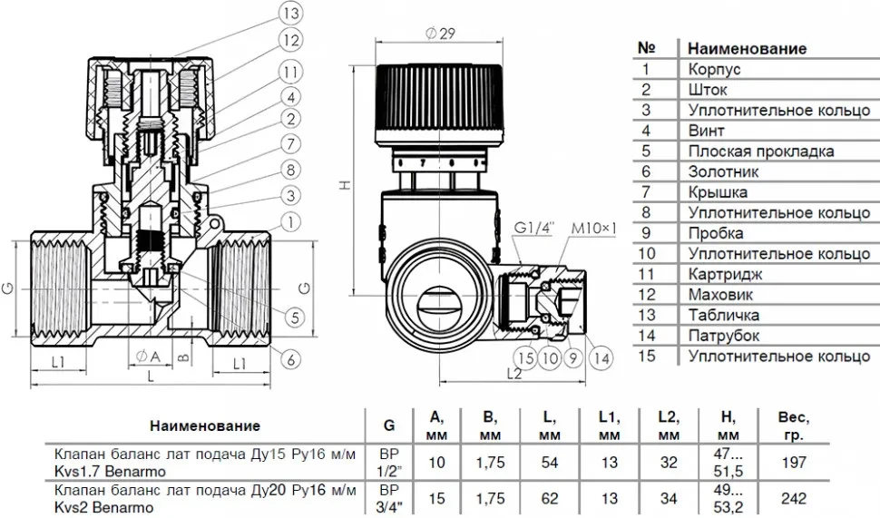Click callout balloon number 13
[x=290, y=14]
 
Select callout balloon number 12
[x=290, y=41]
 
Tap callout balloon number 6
[x=290, y=359]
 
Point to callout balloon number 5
[x=294, y=318]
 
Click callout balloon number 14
[x=601, y=358]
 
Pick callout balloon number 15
[x=526, y=358]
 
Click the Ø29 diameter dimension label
[x=440, y=34]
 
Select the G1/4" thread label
[x=534, y=229]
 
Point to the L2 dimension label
[x=514, y=373]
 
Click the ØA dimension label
[x=148, y=357]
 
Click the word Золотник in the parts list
[x=723, y=171]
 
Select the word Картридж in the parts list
[x=725, y=275]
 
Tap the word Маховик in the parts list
[x=720, y=295]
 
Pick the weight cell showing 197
[x=794, y=463]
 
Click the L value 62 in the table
[x=550, y=498]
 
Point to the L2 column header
[x=669, y=426]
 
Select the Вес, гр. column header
[x=794, y=426]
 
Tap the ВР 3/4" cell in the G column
[x=389, y=498]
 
